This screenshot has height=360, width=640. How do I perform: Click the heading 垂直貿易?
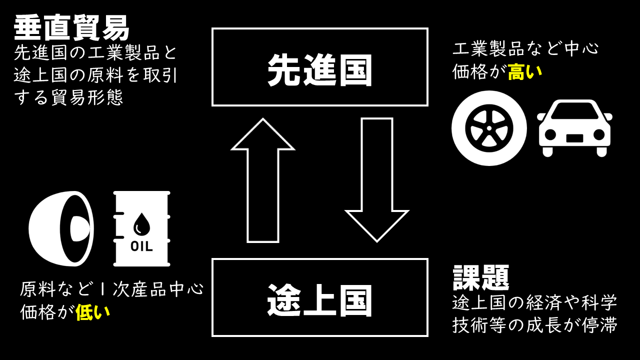pyautogui.click(x=71, y=28)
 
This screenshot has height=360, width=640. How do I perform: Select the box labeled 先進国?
pyautogui.click(x=320, y=67)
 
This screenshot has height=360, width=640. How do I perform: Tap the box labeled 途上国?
pyautogui.click(x=320, y=297)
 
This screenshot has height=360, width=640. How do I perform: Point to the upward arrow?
pyautogui.click(x=263, y=180)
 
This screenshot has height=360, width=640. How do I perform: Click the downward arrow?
pyautogui.click(x=377, y=180)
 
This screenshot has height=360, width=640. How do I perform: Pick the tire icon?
pyautogui.click(x=489, y=128)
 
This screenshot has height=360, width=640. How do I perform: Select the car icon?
pyautogui.click(x=574, y=128)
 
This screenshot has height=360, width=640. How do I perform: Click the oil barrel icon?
pyautogui.click(x=142, y=228)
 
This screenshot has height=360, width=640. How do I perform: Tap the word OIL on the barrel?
pyautogui.click(x=141, y=246)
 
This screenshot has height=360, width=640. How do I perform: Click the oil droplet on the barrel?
pyautogui.click(x=141, y=224)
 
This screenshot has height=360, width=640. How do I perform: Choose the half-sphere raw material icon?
pyautogui.click(x=61, y=228)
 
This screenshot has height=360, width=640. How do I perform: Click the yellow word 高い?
pyautogui.click(x=525, y=72)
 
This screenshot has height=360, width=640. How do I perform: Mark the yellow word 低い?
pyautogui.click(x=92, y=312)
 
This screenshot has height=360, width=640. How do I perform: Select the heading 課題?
pyautogui.click(x=481, y=277)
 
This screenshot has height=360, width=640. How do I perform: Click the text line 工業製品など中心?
pyautogui.click(x=525, y=48)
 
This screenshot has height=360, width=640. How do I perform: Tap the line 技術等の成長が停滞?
pyautogui.click(x=535, y=325)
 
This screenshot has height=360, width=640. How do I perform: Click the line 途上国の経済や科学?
pyautogui.click(x=535, y=302)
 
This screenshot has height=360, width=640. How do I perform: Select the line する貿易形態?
pyautogui.click(x=68, y=97)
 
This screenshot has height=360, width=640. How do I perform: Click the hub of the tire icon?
pyautogui.click(x=489, y=128)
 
